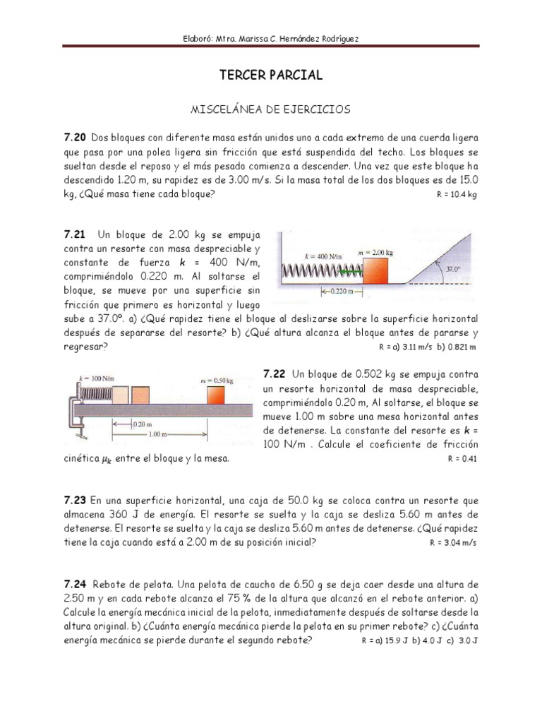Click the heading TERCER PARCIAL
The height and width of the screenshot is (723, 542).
(272, 75)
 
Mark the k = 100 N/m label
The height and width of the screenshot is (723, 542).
(96, 378)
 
